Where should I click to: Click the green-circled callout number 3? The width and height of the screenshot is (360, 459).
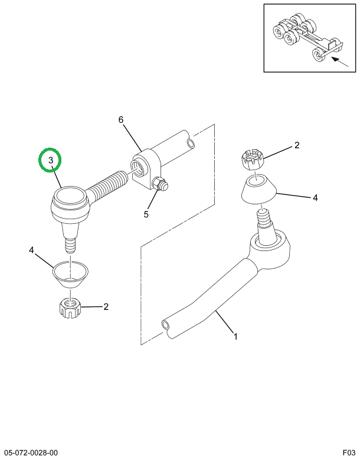tap(51, 160)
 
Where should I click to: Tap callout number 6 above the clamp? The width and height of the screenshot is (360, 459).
tap(121, 120)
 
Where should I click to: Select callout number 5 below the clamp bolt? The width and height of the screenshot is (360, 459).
tap(146, 214)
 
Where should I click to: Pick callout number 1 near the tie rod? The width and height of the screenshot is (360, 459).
tap(235, 336)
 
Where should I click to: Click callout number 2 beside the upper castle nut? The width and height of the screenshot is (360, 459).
tap(297, 145)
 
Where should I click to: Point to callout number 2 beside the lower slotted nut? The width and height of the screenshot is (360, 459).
tap(106, 307)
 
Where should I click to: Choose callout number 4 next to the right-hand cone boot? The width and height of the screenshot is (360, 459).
tap(315, 198)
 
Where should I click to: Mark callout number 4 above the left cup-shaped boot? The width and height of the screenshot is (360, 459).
tap(32, 250)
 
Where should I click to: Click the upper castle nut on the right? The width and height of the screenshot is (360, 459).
tap(253, 159)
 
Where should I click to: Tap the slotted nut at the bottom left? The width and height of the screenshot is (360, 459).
tap(70, 308)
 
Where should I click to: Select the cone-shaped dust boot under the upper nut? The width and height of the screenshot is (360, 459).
tap(258, 189)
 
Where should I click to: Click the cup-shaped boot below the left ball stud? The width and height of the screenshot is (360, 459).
tap(70, 274)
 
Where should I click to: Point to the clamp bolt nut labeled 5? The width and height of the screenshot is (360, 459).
tap(159, 184)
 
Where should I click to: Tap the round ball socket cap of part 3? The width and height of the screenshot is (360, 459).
tap(70, 196)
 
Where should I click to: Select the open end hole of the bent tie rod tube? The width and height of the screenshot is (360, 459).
tap(166, 324)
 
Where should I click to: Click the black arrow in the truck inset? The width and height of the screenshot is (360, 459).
tap(339, 62)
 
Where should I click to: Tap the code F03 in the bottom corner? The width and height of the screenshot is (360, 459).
tap(349, 453)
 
